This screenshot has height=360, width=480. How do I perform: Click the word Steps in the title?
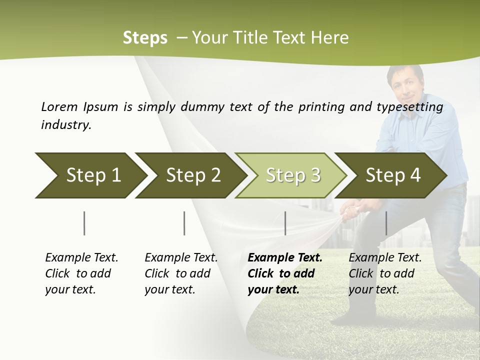click(145, 38)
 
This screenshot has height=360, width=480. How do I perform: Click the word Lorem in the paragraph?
click(59, 106)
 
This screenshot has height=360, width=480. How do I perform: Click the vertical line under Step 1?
click(84, 223)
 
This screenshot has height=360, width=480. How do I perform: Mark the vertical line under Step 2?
click(184, 223)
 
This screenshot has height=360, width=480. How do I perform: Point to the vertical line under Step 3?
click(285, 223)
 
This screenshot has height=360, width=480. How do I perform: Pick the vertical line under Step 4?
click(386, 223)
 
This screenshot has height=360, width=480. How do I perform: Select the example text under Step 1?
click(81, 273)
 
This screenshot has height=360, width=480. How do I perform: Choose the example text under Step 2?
click(181, 273)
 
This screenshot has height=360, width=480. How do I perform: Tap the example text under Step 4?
click(385, 273)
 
